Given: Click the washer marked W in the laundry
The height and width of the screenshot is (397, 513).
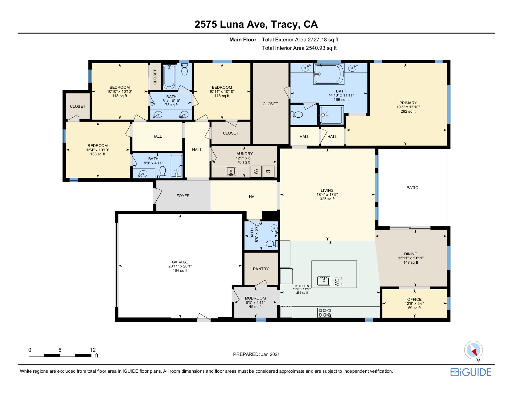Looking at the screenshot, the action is pyautogui.click(x=256, y=172).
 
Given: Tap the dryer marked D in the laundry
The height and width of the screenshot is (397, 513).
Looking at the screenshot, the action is pyautogui.click(x=268, y=172).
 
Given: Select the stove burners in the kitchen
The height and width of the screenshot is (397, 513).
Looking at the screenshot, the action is pyautogui.click(x=325, y=312).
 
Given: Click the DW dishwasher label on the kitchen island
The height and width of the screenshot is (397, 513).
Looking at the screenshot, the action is pyautogui.click(x=337, y=282).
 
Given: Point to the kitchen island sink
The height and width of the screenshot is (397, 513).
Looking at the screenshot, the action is pyautogui.click(x=323, y=281).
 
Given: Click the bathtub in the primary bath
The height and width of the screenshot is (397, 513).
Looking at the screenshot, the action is pyautogui.click(x=329, y=74).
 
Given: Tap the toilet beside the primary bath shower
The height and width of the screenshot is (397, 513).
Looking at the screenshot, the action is pyautogui.click(x=297, y=115).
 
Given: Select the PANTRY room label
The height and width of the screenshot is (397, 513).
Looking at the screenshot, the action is pyautogui.click(x=261, y=269).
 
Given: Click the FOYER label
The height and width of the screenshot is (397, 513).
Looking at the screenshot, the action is pyautogui.click(x=183, y=196).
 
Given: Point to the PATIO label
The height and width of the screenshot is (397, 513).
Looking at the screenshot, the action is pyautogui.click(x=412, y=188).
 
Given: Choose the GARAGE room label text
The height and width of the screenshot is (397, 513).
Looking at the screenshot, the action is pyautogui.click(x=180, y=262).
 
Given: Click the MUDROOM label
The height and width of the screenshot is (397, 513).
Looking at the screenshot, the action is pyautogui.click(x=255, y=298).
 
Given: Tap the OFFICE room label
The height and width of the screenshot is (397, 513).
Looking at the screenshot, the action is pyautogui.click(x=414, y=299).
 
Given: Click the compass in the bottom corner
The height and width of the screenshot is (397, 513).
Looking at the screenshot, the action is pyautogui.click(x=473, y=350).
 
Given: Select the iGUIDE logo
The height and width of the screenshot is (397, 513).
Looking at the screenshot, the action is pyautogui.click(x=471, y=372).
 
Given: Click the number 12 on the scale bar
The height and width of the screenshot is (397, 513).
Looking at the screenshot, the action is pyautogui.click(x=93, y=350).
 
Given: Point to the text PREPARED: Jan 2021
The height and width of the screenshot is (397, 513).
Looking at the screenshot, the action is pyautogui.click(x=256, y=354).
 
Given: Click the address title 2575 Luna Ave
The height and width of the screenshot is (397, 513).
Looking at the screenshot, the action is pyautogui.click(x=231, y=24).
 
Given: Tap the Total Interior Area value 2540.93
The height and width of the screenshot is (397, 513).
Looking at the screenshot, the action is pyautogui.click(x=315, y=48).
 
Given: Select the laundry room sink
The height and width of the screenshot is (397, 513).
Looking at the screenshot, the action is pyautogui.click(x=231, y=172).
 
